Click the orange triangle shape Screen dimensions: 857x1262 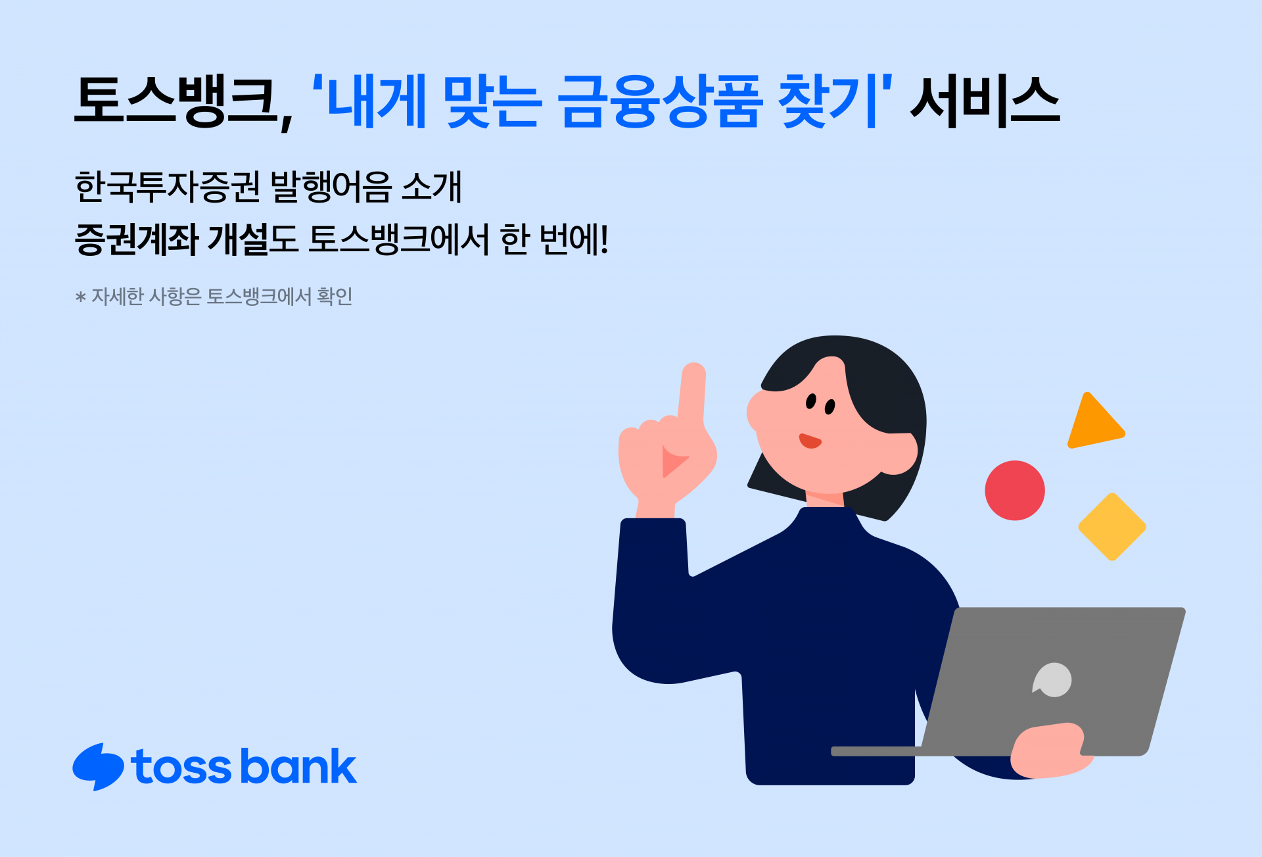pyautogui.click(x=1093, y=425)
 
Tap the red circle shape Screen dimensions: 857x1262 pyautogui.click(x=1014, y=490)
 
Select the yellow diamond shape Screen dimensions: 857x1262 pyautogui.click(x=1112, y=527)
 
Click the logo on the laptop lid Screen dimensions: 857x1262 pyautogui.click(x=1053, y=680)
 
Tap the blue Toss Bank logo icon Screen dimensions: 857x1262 pyautogui.click(x=98, y=767)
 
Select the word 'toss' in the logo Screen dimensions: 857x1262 pyautogui.click(x=181, y=768)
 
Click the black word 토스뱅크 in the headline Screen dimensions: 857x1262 pyautogui.click(x=175, y=101)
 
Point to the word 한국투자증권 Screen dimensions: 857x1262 pyautogui.click(x=168, y=187)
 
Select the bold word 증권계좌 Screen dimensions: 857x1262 pyautogui.click(x=137, y=239)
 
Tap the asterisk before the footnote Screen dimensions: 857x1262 pyautogui.click(x=81, y=298)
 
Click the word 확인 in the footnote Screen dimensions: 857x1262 pyautogui.click(x=335, y=297)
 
